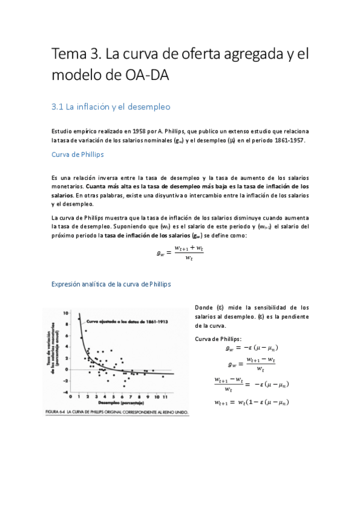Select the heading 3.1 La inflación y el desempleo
point(111,106)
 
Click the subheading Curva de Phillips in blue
point(78,154)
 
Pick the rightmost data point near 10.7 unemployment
point(163,376)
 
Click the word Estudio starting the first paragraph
point(61,130)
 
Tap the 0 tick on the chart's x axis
point(71,398)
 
